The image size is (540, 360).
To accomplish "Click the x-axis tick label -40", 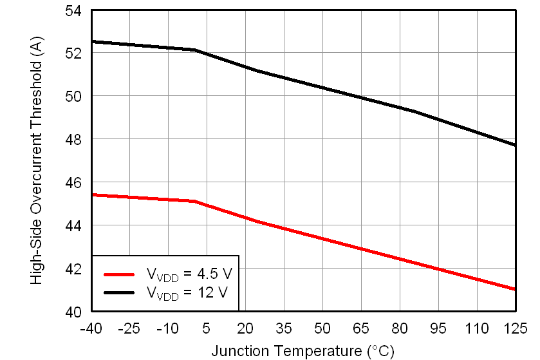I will [x=91, y=328].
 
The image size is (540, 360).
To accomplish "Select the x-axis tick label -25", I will [x=129, y=328].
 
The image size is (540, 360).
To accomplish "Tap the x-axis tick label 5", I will [x=207, y=328].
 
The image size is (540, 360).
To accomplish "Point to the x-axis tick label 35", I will [x=284, y=328].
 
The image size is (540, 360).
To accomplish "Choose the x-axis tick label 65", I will [x=361, y=328].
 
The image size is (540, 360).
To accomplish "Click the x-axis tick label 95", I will [x=438, y=328].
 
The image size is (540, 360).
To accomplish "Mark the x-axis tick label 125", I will [x=514, y=328].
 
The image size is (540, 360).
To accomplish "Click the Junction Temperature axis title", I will [x=303, y=351].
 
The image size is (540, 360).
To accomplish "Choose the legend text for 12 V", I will [x=187, y=293].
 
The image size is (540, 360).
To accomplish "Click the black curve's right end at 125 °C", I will [x=515, y=145].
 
